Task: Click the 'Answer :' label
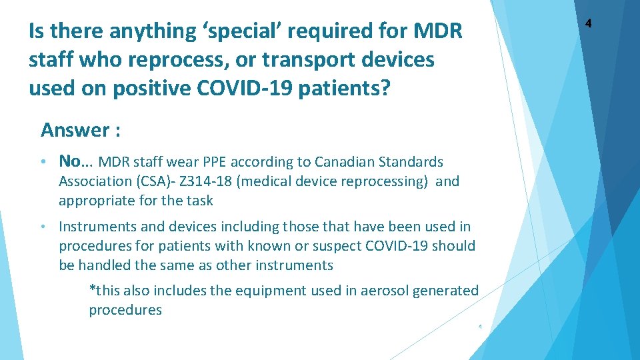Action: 81,129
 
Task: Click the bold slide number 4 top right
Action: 588,24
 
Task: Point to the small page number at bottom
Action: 480,327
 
